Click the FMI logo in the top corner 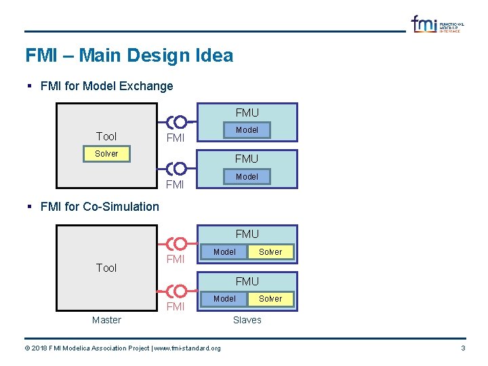point(436,24)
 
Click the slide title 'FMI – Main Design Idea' point(129,56)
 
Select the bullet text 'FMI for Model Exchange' point(106,86)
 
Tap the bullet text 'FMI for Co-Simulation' point(100,207)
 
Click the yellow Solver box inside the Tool point(106,154)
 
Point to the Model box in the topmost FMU point(247,129)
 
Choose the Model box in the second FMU point(247,176)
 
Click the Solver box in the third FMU point(270,251)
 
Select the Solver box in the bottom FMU point(270,298)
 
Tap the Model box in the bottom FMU point(224,298)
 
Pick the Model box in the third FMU point(224,251)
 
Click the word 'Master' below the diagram point(106,320)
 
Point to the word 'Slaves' point(247,320)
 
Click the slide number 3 point(463,348)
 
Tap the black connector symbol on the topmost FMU point(177,123)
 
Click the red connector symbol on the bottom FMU point(177,291)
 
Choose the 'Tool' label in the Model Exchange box point(106,136)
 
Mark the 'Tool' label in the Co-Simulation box point(106,268)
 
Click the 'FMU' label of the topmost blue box point(247,113)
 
